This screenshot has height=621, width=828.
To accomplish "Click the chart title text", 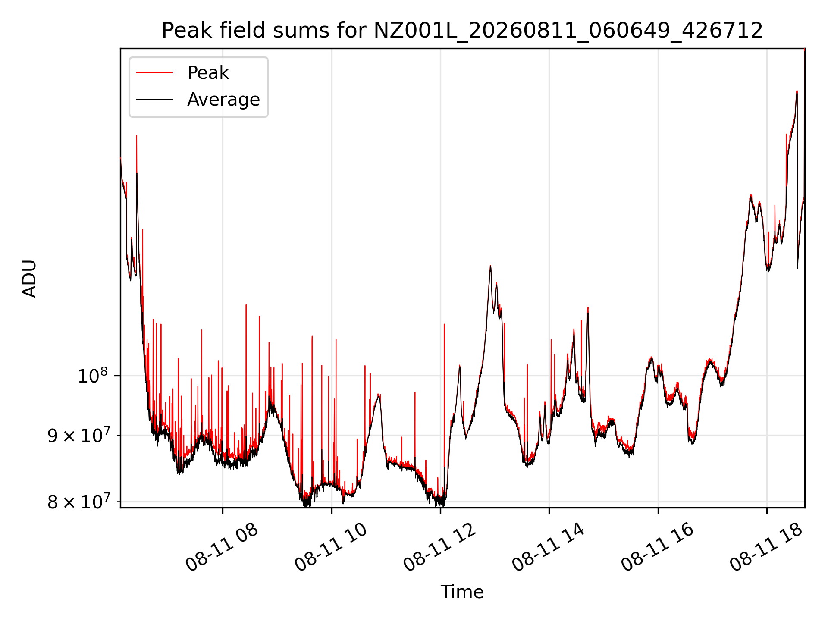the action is pyautogui.click(x=462, y=31).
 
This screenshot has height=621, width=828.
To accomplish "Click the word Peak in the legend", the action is pyautogui.click(x=208, y=73).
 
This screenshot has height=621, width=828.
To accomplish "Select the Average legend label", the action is pyautogui.click(x=223, y=100).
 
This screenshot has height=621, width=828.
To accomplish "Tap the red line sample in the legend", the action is pyautogui.click(x=154, y=73).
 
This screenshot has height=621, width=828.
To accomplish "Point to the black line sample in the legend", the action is pyautogui.click(x=154, y=100).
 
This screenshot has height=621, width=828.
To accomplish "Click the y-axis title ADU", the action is pyautogui.click(x=29, y=278).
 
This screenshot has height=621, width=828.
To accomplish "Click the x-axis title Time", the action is pyautogui.click(x=462, y=592).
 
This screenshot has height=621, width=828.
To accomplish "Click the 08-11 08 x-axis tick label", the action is pyautogui.click(x=222, y=547).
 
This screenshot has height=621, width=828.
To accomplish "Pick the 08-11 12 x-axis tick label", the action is pyautogui.click(x=440, y=547).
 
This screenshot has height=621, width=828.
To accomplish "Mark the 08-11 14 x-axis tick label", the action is pyautogui.click(x=549, y=547).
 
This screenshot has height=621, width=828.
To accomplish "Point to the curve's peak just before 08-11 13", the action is pyautogui.click(x=490, y=266).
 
